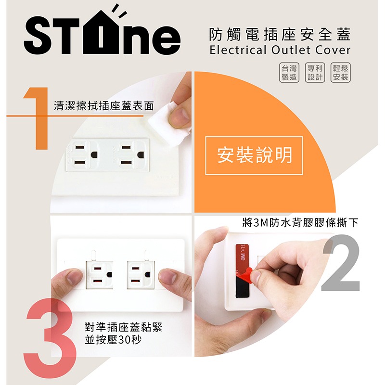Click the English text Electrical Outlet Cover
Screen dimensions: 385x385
(x=280, y=50)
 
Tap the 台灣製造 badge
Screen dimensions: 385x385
(x=289, y=73)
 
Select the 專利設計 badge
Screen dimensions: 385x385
(x=315, y=73)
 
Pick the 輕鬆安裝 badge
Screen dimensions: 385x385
(x=341, y=73)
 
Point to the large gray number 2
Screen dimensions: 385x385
(x=341, y=263)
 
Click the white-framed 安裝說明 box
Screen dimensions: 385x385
(x=254, y=155)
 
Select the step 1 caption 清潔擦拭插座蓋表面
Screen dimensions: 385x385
(x=104, y=106)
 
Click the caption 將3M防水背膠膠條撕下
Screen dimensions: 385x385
(x=300, y=223)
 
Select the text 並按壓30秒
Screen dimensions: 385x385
(x=113, y=340)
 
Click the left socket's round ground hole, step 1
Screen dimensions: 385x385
(x=94, y=154)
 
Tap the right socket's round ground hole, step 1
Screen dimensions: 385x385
(x=141, y=155)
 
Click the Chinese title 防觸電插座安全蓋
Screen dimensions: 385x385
(x=280, y=34)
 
